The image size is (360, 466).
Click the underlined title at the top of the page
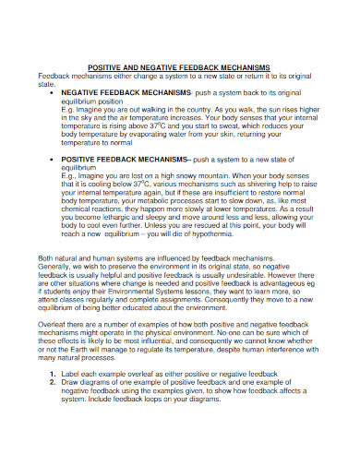point(178,68)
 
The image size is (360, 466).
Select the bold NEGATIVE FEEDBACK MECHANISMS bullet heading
point(126,93)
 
